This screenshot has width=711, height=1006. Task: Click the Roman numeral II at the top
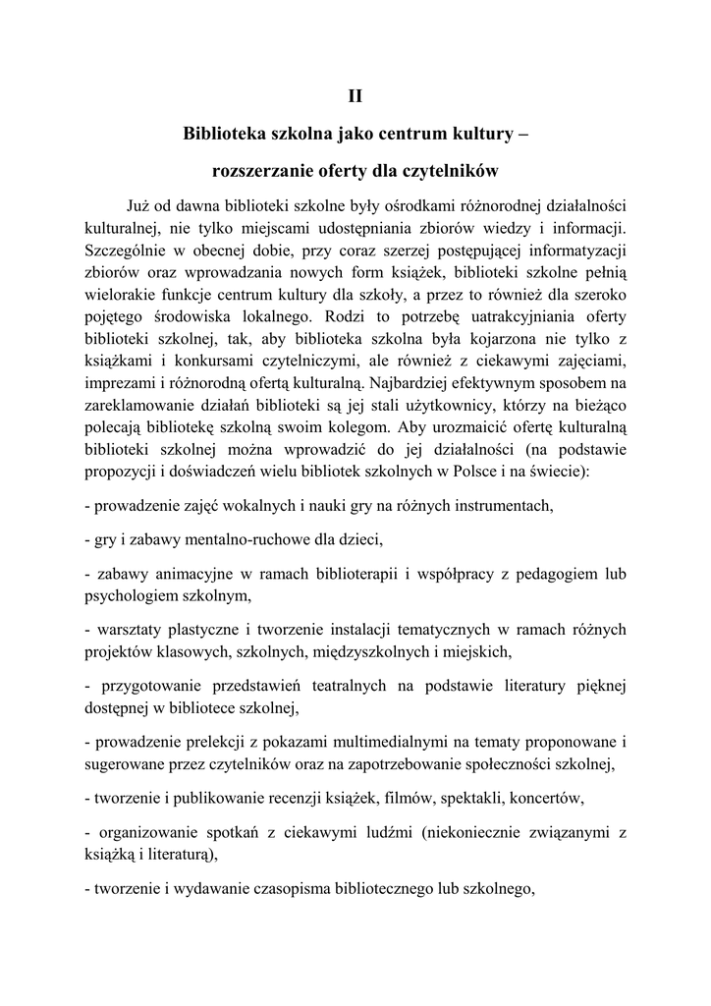[x=355, y=95]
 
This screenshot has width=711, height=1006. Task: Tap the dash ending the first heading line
[x=521, y=133]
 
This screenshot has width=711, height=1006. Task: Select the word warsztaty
[x=131, y=629]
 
